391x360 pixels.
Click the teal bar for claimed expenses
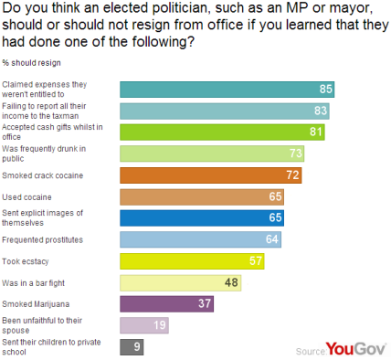click(228, 89)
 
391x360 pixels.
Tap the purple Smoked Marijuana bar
click(166, 304)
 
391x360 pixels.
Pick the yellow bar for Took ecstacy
click(192, 261)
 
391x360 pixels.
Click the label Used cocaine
click(26, 196)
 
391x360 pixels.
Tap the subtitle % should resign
click(31, 63)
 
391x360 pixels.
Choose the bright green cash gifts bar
click(219, 132)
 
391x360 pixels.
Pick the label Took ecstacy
click(25, 261)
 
